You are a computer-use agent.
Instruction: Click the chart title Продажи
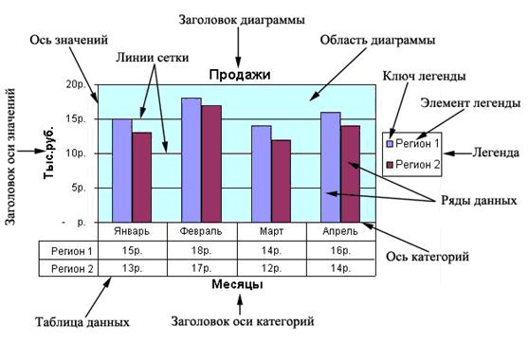tap(240, 75)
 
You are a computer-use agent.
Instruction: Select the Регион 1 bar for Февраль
tap(192, 160)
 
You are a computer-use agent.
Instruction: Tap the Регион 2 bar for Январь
tap(141, 177)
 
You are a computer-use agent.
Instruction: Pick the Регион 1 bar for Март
tap(262, 174)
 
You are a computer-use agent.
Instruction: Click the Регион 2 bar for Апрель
tap(350, 174)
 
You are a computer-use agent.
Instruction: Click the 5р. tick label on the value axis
tap(79, 188)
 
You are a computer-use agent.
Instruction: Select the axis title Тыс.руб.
tap(49, 152)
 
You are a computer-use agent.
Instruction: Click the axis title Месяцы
tap(238, 284)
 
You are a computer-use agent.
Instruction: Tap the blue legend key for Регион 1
tap(390, 144)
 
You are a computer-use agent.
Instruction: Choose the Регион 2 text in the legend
tap(418, 165)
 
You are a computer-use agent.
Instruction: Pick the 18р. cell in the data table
tap(201, 251)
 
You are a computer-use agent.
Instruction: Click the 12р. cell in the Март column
tap(271, 268)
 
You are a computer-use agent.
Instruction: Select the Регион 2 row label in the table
tap(72, 269)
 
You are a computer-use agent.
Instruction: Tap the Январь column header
tap(132, 231)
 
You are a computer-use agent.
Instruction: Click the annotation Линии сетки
tap(152, 58)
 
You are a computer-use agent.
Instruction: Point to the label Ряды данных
tap(479, 201)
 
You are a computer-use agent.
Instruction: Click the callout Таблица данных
tap(82, 322)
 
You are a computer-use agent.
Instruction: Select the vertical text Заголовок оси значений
tap(10, 156)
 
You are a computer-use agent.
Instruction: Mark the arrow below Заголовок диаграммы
tap(239, 48)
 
